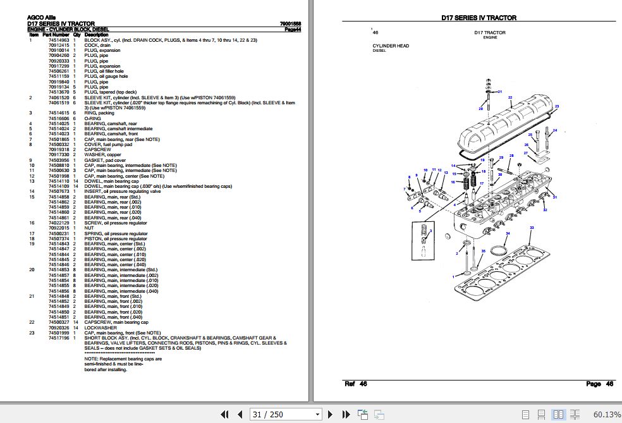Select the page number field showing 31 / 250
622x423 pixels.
point(284,415)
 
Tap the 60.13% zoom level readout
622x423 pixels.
point(607,415)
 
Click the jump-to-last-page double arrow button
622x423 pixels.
point(345,415)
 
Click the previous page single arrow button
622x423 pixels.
point(240,415)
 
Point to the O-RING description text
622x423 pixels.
point(92,118)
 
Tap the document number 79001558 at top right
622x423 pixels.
point(290,24)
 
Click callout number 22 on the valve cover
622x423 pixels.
point(509,97)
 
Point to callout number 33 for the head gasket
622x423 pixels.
point(532,227)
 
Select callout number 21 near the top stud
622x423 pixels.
point(499,92)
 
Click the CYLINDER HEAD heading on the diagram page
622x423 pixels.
point(391,46)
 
